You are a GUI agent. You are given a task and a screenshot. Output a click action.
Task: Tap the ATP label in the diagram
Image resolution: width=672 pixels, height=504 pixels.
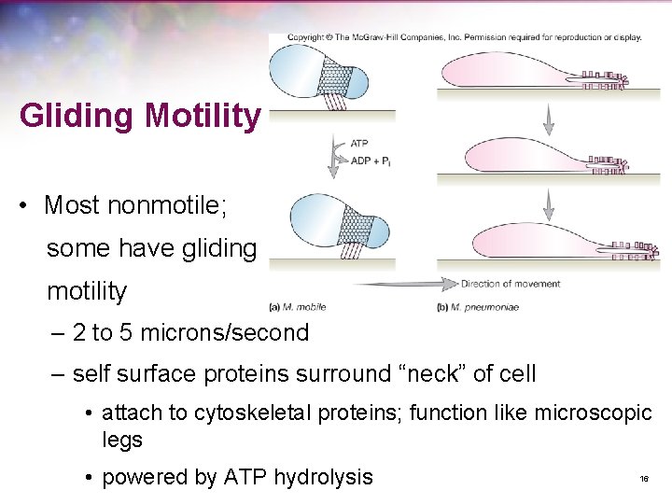click(x=359, y=144)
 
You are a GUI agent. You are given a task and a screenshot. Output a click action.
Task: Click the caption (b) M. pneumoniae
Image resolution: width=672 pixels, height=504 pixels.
click(x=478, y=306)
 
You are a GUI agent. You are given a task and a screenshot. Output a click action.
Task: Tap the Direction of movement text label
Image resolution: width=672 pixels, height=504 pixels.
click(x=511, y=284)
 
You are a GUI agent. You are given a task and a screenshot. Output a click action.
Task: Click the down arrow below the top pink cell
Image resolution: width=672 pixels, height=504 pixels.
click(x=549, y=116)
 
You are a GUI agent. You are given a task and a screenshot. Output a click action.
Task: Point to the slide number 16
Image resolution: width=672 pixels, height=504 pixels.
click(x=644, y=479)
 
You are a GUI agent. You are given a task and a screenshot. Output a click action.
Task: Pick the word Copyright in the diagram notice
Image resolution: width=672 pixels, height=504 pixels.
click(x=305, y=38)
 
